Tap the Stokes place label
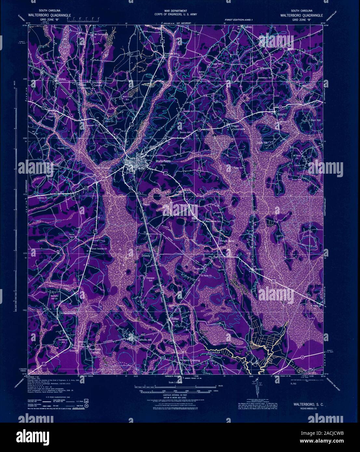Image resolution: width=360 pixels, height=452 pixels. (x=62, y=79)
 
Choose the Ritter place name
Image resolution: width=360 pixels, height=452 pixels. (x=175, y=319)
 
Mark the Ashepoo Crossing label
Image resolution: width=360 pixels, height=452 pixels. (x=190, y=361)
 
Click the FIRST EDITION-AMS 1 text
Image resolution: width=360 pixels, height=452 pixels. (x=238, y=20)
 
